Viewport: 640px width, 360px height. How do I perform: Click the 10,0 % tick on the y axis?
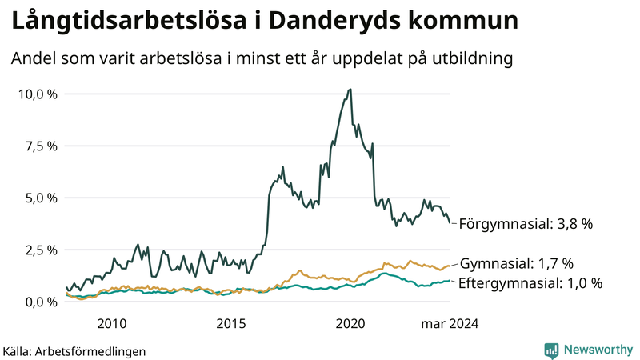coord(37,94)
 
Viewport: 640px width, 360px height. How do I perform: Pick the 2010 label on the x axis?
coord(111,323)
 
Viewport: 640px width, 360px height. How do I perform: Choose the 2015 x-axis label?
coord(231,323)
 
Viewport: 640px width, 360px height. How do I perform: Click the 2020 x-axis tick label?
coord(350,323)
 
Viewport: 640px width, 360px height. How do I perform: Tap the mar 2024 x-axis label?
coord(450,323)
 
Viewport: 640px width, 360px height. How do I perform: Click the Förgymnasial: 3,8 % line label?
coord(526,225)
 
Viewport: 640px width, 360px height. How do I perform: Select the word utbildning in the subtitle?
coord(471,58)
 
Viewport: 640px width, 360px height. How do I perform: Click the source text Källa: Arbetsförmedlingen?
coord(74,350)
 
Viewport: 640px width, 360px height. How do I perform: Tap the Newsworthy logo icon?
coord(551,350)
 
